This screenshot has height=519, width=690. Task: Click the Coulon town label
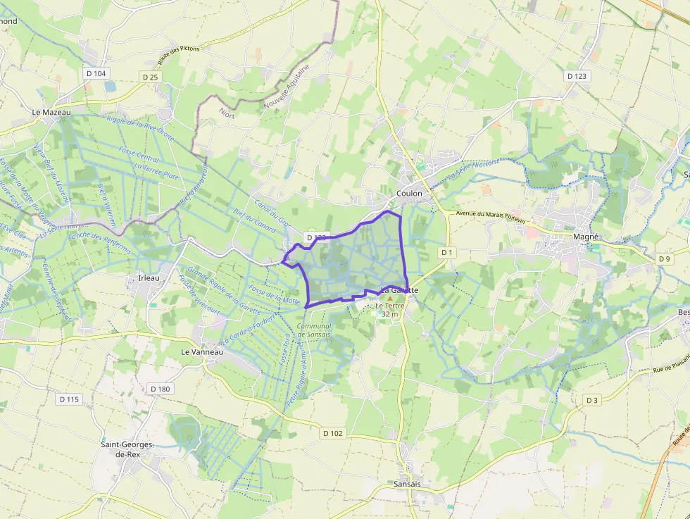[x=409, y=193]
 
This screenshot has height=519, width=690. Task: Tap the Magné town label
[x=586, y=237]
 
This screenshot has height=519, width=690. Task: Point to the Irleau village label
[x=149, y=278]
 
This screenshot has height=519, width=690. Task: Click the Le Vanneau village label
[x=202, y=351]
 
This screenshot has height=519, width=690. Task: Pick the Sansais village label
[x=408, y=484]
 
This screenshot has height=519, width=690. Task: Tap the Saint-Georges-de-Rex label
[x=129, y=449]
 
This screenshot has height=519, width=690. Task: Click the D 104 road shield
[x=96, y=73]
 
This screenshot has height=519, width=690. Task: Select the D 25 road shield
[x=151, y=77]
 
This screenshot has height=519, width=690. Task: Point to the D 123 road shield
[x=577, y=76]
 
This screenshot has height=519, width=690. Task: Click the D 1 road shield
[x=447, y=252]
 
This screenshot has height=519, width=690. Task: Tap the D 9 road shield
[x=665, y=259]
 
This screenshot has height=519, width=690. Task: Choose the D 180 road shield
[x=161, y=389]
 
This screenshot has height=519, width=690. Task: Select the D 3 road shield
[x=592, y=400]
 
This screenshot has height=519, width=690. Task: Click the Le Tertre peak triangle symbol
[x=390, y=299]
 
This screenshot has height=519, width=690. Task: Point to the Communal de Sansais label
[x=314, y=330]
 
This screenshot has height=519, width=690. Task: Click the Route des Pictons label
[x=181, y=49]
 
